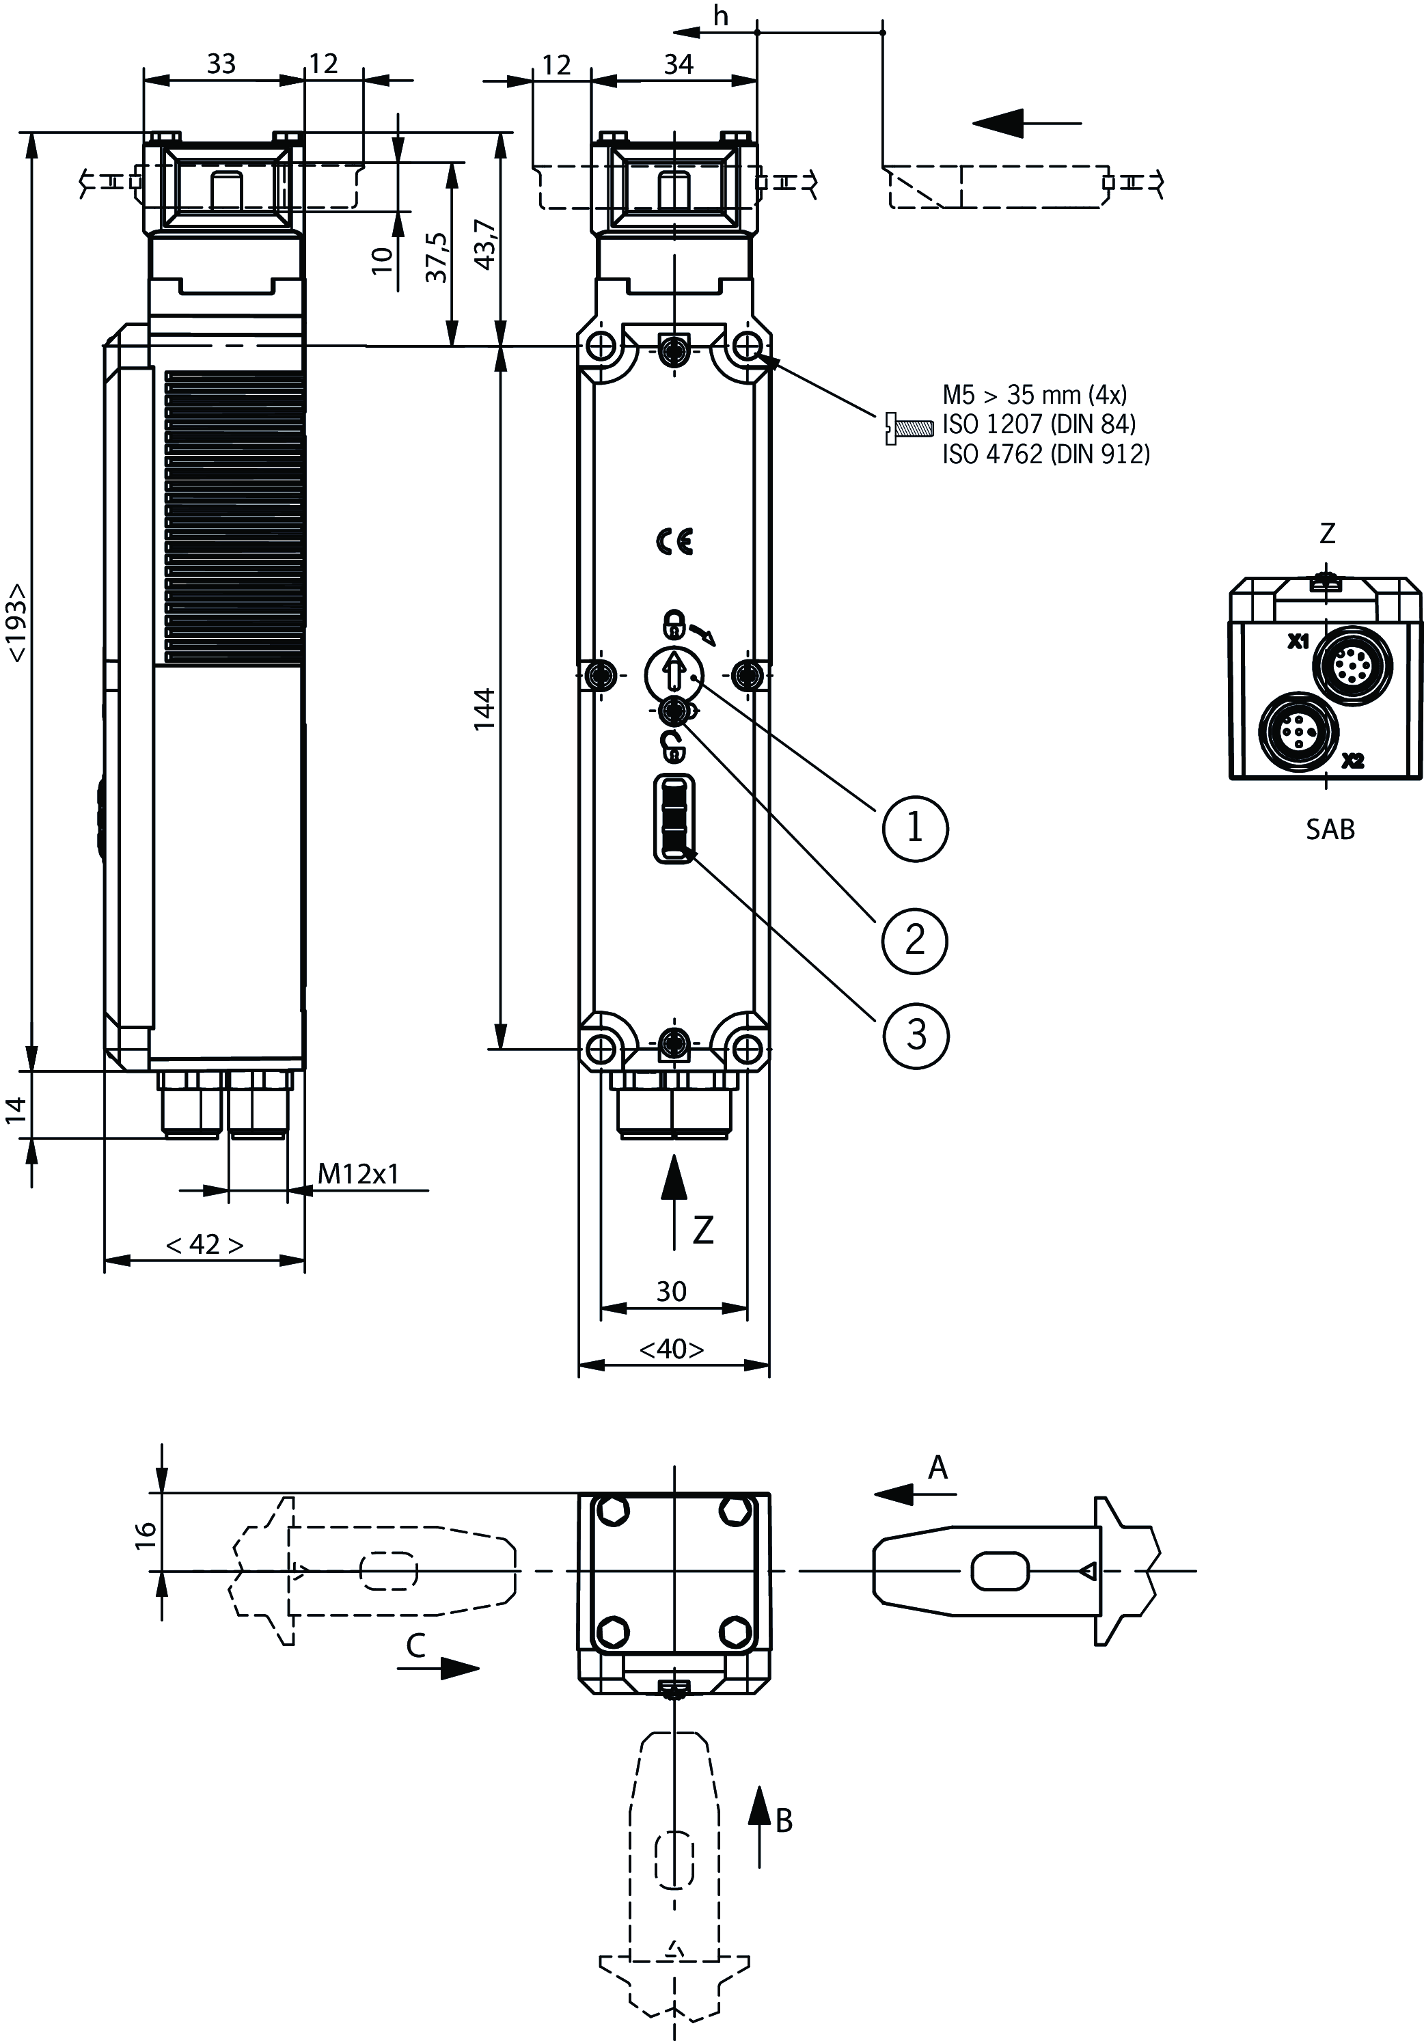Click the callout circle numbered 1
(915, 828)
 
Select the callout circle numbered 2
(915, 940)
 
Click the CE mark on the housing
(674, 541)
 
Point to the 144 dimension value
(484, 709)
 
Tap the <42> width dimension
(204, 1244)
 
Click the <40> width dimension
(672, 1349)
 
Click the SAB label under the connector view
(1330, 830)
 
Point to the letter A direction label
(937, 1468)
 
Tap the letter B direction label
(783, 1820)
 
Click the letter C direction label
(415, 1646)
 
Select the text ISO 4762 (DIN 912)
(1045, 454)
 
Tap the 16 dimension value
(146, 1533)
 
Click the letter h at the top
(721, 16)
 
